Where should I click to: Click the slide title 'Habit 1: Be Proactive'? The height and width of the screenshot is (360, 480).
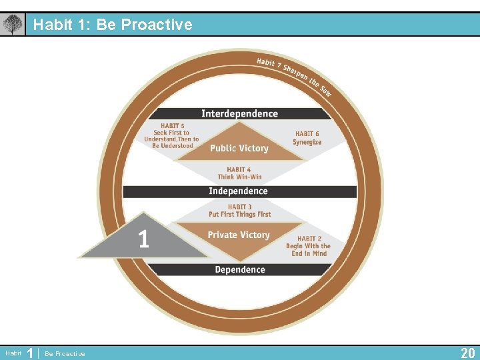coord(113,25)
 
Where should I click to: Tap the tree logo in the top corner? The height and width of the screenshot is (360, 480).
coord(12,25)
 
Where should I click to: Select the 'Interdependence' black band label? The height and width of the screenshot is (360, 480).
coord(239,114)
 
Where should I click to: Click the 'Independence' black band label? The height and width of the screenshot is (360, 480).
coord(238,191)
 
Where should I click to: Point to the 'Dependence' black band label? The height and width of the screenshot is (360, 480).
coord(239,270)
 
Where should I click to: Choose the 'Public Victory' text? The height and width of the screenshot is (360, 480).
coord(239,148)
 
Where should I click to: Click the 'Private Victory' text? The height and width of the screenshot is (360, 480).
coord(239,235)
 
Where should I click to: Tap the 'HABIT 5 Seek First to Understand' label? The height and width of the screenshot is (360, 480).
coord(172,135)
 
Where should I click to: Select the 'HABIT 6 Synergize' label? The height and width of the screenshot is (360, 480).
coord(307,138)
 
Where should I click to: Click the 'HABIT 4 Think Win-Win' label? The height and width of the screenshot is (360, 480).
coord(239,173)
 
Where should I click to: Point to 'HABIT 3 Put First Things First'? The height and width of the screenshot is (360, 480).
coord(239,211)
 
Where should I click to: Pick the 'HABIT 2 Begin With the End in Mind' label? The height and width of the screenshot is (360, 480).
coord(307,246)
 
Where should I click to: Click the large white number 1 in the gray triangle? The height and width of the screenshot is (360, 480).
coord(143,239)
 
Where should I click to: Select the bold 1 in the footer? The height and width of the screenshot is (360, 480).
coord(30,353)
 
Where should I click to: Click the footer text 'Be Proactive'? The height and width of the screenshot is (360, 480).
coord(65,354)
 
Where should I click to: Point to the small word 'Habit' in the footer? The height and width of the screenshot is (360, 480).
coord(13,353)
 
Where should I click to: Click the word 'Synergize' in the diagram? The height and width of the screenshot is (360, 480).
coord(307,142)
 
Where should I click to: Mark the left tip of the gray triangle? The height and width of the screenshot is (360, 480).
coord(79,256)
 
